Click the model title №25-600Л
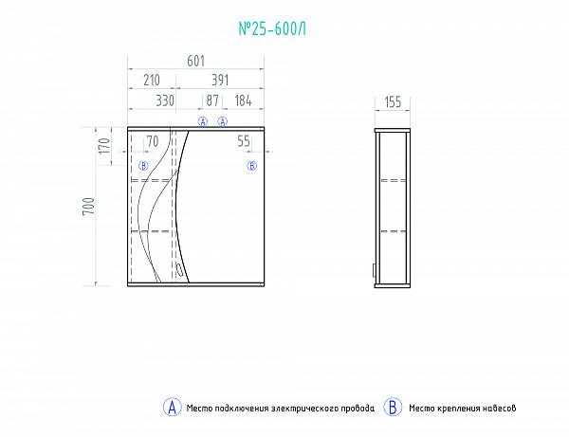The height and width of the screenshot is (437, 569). point(271,29)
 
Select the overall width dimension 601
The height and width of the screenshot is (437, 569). point(196,62)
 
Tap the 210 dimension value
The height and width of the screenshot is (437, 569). point(150,81)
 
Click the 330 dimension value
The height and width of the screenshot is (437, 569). point(165,100)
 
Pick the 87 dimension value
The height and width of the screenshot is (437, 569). point(212,100)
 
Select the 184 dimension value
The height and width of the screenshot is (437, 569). point(243,100)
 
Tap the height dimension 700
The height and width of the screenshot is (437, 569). point(88,207)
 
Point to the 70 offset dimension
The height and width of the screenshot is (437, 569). point(152,142)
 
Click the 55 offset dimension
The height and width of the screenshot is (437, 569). point(244,142)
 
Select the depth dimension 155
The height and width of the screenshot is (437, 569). point(394,102)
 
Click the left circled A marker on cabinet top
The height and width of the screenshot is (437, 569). point(201,121)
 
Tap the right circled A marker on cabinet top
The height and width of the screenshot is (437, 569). point(224,121)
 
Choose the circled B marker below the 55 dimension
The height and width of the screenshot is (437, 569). point(251,166)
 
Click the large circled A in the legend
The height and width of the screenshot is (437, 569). point(172,408)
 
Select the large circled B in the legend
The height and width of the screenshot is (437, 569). point(393,408)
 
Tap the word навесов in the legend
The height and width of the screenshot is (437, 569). point(497,409)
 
